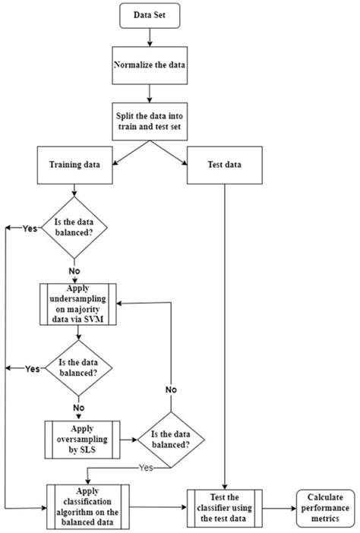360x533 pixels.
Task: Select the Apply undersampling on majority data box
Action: point(78,304)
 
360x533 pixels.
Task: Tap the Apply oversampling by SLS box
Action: point(78,438)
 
